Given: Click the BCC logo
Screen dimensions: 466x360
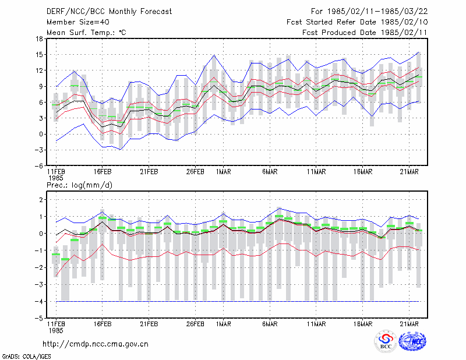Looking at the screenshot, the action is coord(386,341).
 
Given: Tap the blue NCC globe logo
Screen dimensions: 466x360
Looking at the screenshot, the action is coord(412,341).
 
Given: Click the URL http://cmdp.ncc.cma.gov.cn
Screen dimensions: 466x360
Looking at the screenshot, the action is coord(96,344).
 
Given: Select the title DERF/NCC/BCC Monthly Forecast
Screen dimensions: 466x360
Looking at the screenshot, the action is coord(109,12).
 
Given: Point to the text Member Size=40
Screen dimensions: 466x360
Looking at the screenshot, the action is coord(78,22).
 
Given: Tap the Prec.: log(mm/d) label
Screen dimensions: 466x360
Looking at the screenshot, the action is coord(79,185).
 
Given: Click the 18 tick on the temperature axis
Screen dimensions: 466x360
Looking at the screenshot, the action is coord(39,38).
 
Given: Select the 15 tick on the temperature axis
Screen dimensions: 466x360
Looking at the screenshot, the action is coord(39,55).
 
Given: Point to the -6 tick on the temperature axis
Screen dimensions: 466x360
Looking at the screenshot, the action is coord(38,166).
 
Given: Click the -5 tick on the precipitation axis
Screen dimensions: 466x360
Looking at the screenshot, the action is coord(38,319).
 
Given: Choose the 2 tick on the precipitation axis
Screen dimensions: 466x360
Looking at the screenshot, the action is coord(41,200).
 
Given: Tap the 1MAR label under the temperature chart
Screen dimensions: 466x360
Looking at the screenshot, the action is coord(224,172).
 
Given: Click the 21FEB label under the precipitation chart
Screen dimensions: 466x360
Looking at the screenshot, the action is coord(149,324).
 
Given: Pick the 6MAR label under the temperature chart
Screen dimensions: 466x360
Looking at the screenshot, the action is coord(270,172).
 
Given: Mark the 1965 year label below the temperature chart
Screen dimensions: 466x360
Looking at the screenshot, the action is coord(55,178).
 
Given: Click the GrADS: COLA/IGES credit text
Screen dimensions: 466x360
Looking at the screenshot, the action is coord(26,357).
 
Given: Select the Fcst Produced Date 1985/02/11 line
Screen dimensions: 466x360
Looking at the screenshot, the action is coord(365,33).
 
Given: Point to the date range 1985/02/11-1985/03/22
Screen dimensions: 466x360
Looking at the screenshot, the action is coord(377,12).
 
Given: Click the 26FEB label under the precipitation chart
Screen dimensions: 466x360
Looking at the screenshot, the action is coord(195,324).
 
